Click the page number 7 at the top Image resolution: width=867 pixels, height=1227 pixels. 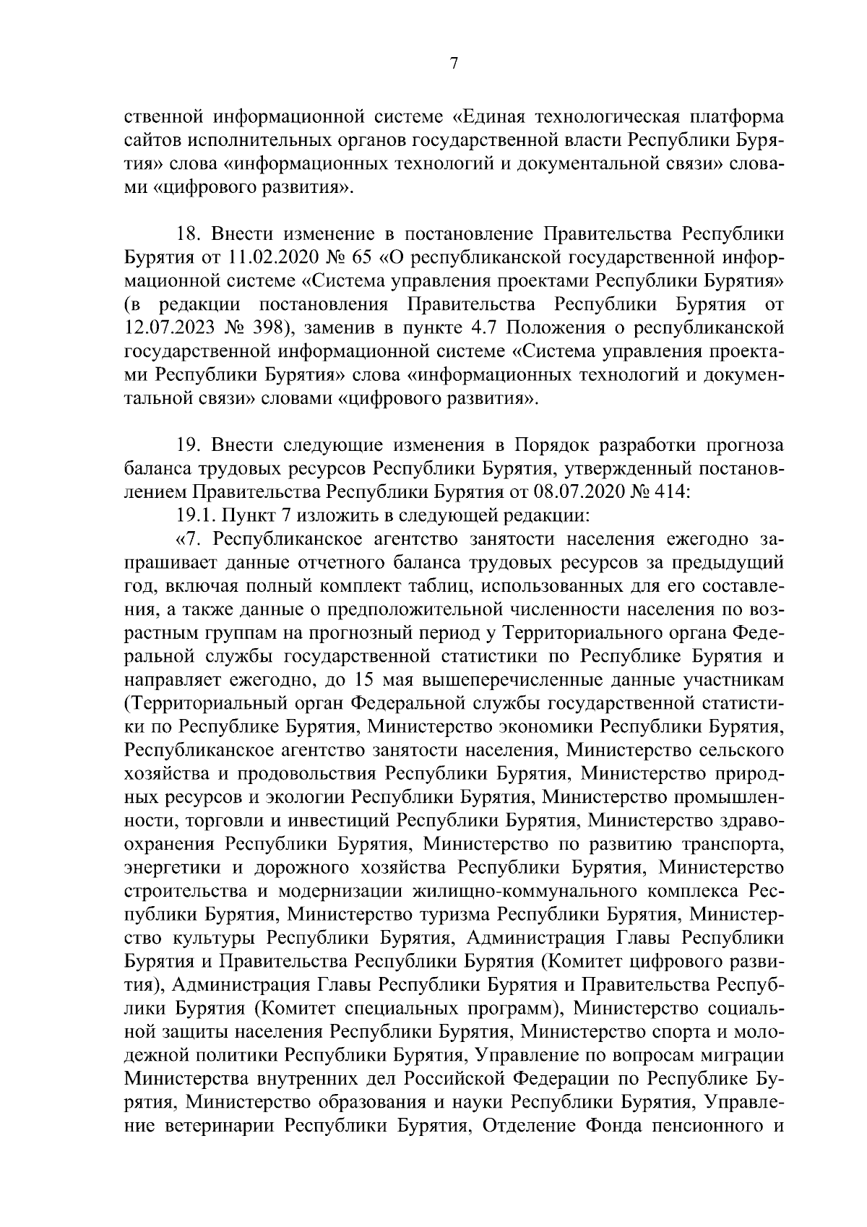point(454,64)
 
